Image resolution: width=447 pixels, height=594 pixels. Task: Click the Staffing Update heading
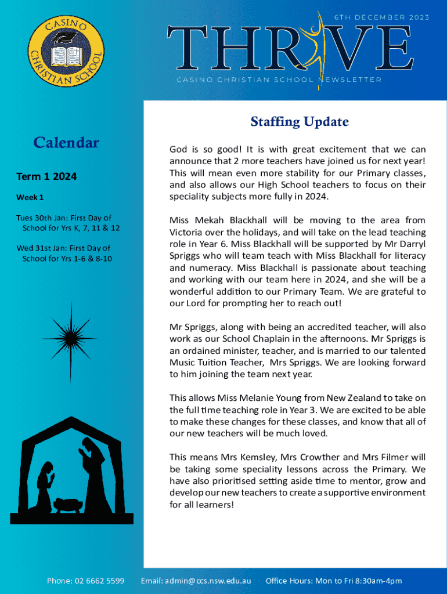click(x=300, y=122)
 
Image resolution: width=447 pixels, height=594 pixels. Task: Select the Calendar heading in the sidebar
click(x=66, y=143)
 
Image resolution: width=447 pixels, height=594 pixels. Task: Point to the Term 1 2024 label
click(x=46, y=176)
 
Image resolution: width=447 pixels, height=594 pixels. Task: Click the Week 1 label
click(x=30, y=197)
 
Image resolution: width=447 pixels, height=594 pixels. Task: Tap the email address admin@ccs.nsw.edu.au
click(x=208, y=581)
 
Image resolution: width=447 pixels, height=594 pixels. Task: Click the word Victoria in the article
click(x=186, y=232)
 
